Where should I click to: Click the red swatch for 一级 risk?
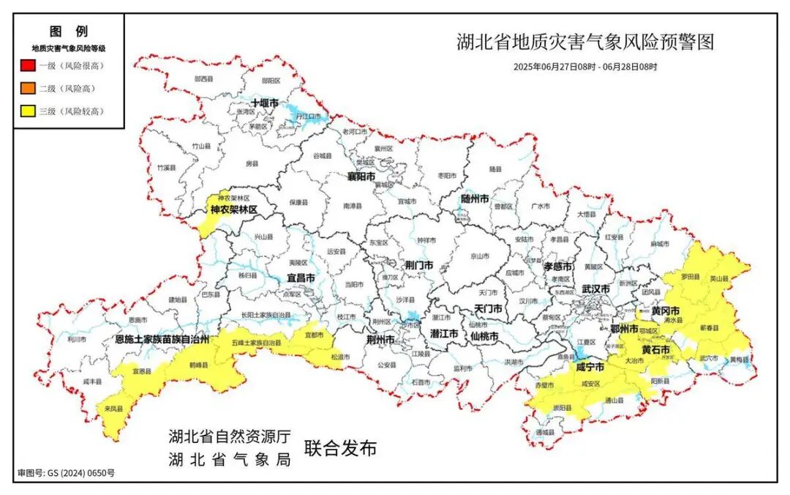27,66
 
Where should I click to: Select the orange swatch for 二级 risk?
27,89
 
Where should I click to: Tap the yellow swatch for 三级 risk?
27,111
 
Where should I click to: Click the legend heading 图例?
69,31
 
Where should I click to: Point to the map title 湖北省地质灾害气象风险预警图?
584,42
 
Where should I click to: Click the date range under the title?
585,67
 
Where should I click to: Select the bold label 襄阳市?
361,177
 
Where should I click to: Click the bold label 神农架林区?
234,210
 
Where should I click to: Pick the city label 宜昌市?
301,278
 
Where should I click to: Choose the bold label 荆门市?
419,265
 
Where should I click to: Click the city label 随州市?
475,198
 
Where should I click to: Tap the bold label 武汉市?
595,289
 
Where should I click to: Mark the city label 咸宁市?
590,367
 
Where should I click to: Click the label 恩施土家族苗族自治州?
162,340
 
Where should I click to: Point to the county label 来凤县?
113,409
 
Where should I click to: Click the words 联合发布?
341,448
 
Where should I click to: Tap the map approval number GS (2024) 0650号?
66,473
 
